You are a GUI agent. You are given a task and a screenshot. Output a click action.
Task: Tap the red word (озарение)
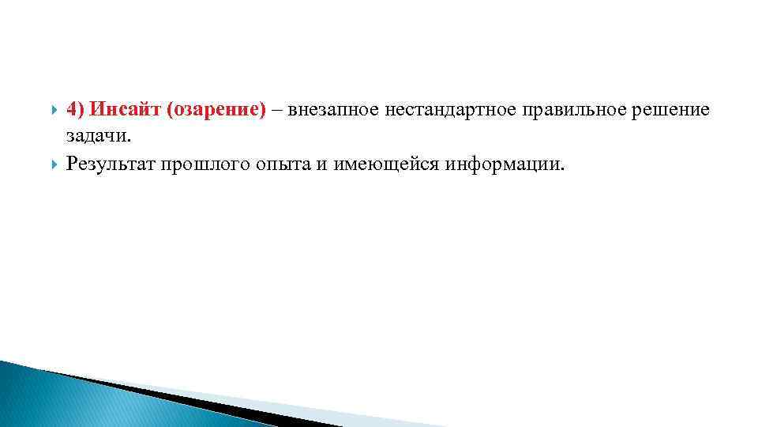pos(216,109)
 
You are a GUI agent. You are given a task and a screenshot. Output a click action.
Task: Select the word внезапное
pos(333,109)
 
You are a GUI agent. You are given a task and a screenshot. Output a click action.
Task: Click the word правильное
pos(581,109)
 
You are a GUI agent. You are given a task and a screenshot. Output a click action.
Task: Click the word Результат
pos(111,164)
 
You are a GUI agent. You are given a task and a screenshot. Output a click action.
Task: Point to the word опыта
pos(281,164)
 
